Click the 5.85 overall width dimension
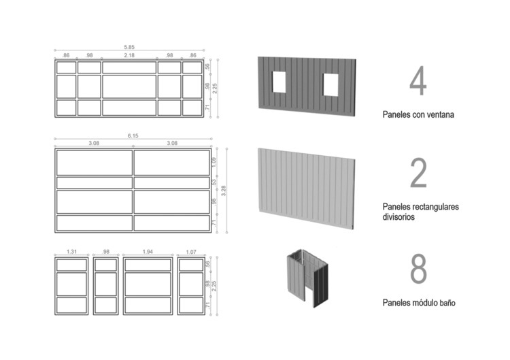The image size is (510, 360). [x=129, y=47]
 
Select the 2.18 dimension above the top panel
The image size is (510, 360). [x=129, y=55]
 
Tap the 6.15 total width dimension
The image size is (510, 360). [x=133, y=135]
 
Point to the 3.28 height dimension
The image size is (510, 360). [x=223, y=191]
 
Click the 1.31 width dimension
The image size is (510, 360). [x=71, y=252]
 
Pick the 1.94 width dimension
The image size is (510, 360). [x=148, y=252]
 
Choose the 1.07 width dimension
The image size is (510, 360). [x=191, y=252]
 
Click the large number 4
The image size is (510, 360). [x=418, y=81]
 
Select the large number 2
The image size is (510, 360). [x=418, y=173]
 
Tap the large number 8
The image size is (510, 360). [x=418, y=268]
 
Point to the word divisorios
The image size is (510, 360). [x=398, y=217]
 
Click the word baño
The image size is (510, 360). [x=447, y=303]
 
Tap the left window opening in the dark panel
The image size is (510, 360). [x=279, y=82]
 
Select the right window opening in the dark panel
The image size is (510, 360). [x=330, y=84]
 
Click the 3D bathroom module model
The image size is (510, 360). [x=307, y=278]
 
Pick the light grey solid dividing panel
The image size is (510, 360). [x=307, y=189]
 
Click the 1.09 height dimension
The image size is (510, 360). [x=214, y=163]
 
